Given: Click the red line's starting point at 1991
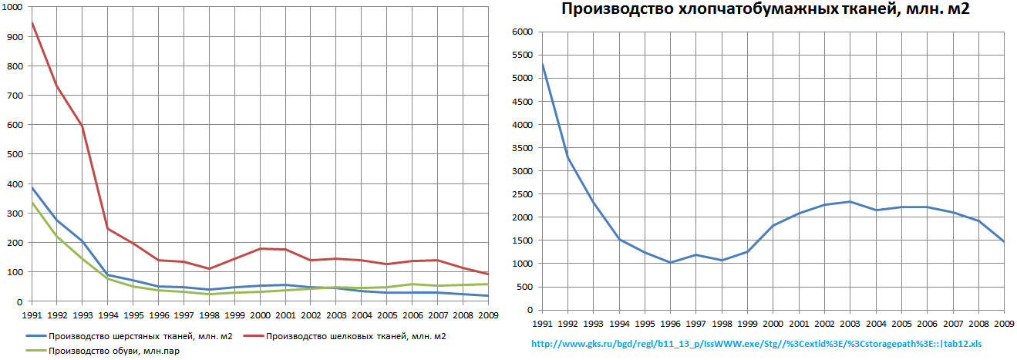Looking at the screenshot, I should (x=32, y=22).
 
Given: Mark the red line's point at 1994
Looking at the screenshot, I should (x=108, y=228).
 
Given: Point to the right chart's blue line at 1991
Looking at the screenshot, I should (x=543, y=64).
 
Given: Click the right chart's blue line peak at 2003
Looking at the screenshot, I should (x=850, y=201).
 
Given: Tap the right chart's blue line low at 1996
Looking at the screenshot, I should (x=671, y=263).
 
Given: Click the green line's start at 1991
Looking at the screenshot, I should (x=32, y=202).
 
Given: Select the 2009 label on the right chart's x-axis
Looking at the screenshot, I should (x=1003, y=322).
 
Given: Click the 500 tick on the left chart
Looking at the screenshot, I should (x=14, y=154).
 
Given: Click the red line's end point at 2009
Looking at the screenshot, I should (x=488, y=274).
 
